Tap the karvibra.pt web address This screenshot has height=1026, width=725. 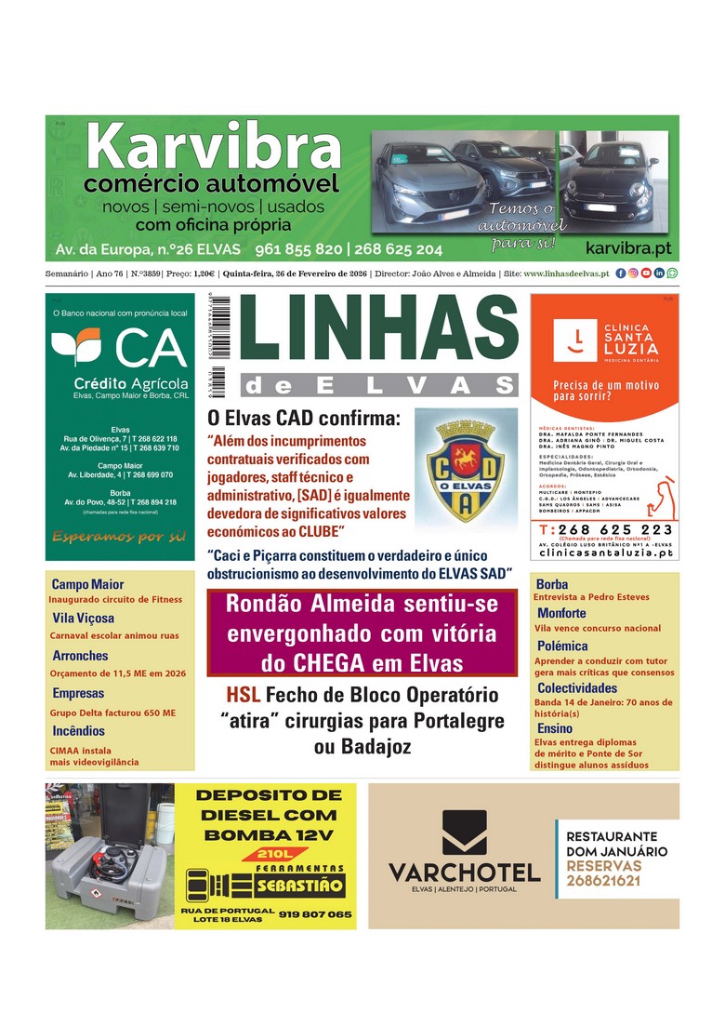coord(628,248)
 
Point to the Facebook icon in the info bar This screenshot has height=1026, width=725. coord(621,273)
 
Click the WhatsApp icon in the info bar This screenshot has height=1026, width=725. coord(672,273)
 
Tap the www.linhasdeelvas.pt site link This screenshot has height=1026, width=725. coord(566,273)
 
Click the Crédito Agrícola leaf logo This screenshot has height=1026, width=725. coord(75,347)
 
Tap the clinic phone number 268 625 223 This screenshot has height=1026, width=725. coord(613,529)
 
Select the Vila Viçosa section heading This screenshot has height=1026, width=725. coord(84,618)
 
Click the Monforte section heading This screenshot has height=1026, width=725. coord(561,613)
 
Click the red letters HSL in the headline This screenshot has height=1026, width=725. coord(244,696)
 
